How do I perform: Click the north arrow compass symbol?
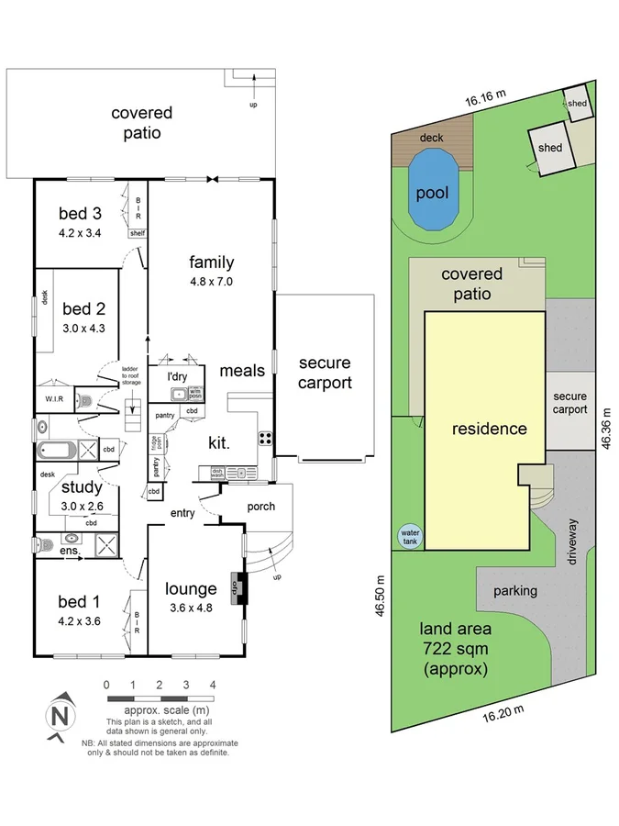[60, 713]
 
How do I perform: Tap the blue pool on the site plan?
[432, 191]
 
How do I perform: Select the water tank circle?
[409, 535]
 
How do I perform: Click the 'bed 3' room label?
[79, 214]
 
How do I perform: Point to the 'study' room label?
[82, 487]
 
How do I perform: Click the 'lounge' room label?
[191, 588]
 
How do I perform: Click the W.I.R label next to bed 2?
[53, 399]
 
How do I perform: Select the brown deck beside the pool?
[431, 140]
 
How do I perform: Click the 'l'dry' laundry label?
[176, 377]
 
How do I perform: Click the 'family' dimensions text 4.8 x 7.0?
[212, 282]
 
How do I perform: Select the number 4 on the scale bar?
[213, 685]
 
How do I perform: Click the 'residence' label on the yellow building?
[489, 429]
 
